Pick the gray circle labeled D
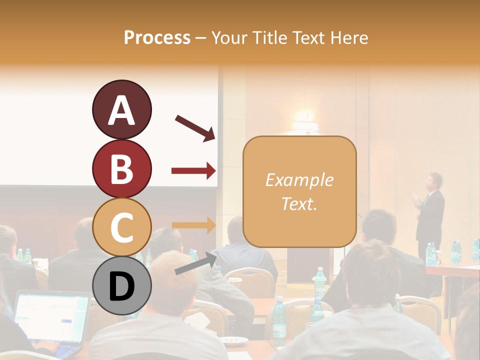121,286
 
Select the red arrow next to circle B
193,171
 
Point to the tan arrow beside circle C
193,225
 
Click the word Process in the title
157,37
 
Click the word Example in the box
299,180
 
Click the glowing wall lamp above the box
305,122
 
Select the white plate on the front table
234,340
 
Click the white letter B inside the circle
121,169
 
